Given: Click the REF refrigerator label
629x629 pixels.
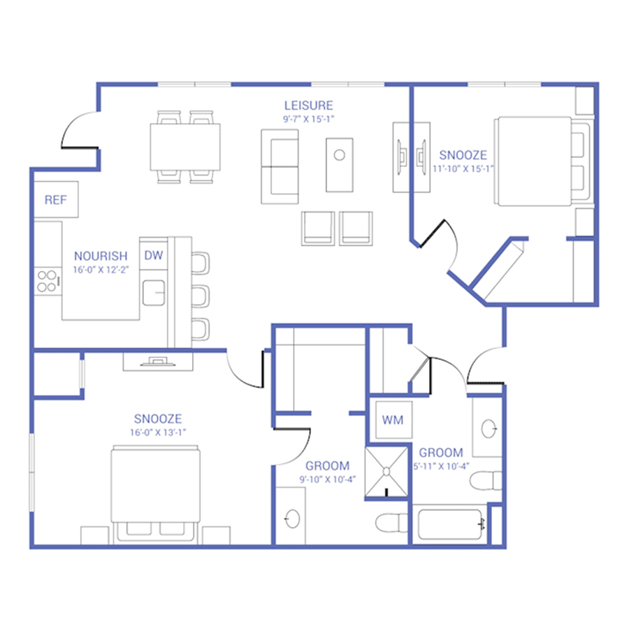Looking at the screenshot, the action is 55,200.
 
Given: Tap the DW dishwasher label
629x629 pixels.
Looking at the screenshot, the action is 154,255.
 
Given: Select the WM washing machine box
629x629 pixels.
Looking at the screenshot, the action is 393,420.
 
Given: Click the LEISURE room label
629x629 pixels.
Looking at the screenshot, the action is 308,106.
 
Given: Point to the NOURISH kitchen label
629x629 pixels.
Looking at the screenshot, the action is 101,256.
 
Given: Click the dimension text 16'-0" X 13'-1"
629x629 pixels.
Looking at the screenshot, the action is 158,433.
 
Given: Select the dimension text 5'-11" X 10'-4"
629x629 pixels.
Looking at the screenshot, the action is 441,467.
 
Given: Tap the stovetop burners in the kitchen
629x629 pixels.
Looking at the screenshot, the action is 48,281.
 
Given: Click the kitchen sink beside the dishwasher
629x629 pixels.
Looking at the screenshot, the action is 154,293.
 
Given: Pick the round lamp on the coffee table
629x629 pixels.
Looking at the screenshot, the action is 340,155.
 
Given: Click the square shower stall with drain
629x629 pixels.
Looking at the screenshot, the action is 386,472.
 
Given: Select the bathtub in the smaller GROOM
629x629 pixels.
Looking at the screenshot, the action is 450,525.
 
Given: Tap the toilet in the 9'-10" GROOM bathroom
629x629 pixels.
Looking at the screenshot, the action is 391,523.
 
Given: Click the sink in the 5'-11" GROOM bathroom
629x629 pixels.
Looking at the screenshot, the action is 489,428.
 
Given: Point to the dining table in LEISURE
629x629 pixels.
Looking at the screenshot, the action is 185,147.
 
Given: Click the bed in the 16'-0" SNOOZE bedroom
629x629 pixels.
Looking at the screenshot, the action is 155,494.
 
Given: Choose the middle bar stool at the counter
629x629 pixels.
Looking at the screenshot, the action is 200,296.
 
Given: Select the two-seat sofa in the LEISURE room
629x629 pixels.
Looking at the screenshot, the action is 280,166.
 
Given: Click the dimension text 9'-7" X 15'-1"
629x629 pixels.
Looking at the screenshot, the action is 308,119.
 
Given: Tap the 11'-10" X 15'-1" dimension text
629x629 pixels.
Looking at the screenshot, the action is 463,169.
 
